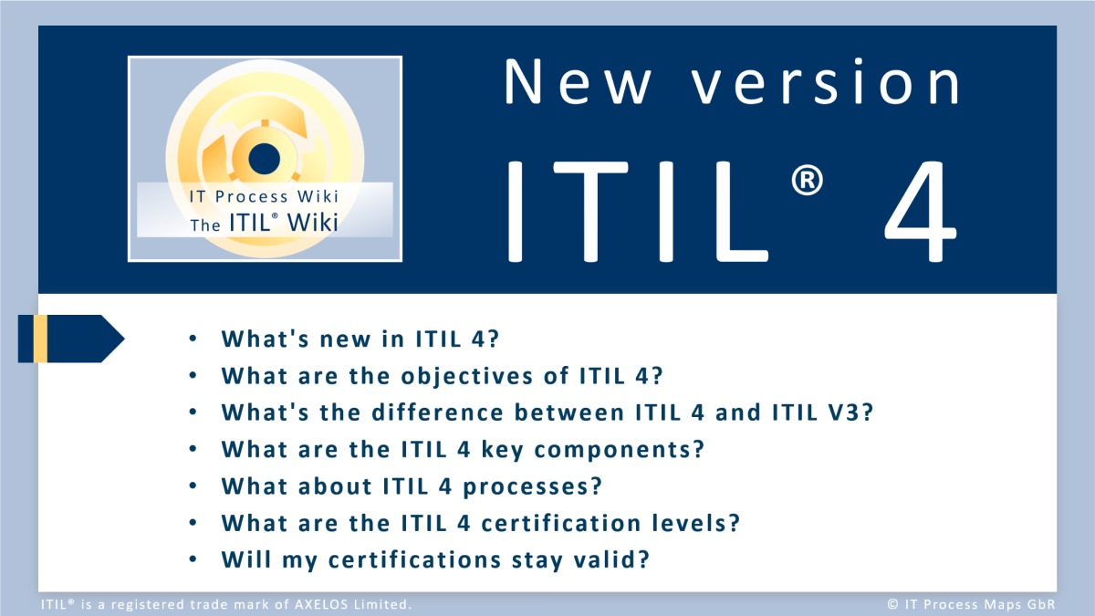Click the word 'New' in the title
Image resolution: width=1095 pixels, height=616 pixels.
[578, 81]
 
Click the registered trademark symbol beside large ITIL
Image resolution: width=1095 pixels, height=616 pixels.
[807, 180]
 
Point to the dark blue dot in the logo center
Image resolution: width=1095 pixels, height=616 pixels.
[264, 159]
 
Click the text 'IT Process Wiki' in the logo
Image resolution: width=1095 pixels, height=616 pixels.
[264, 196]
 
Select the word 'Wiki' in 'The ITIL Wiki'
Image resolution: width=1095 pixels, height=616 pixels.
[313, 223]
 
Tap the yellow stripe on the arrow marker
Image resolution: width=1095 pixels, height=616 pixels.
[40, 339]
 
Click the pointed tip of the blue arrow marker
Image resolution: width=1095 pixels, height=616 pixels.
[125, 339]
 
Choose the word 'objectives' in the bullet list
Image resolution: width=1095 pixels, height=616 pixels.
[467, 376]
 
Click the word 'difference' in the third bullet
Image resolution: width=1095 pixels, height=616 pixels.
[437, 412]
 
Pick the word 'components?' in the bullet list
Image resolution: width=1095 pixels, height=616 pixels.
[620, 450]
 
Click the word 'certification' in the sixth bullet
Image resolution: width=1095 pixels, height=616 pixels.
[561, 523]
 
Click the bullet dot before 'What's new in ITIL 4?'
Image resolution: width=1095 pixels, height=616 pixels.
[193, 339]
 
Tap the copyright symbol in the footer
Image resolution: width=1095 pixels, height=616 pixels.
[892, 604]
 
